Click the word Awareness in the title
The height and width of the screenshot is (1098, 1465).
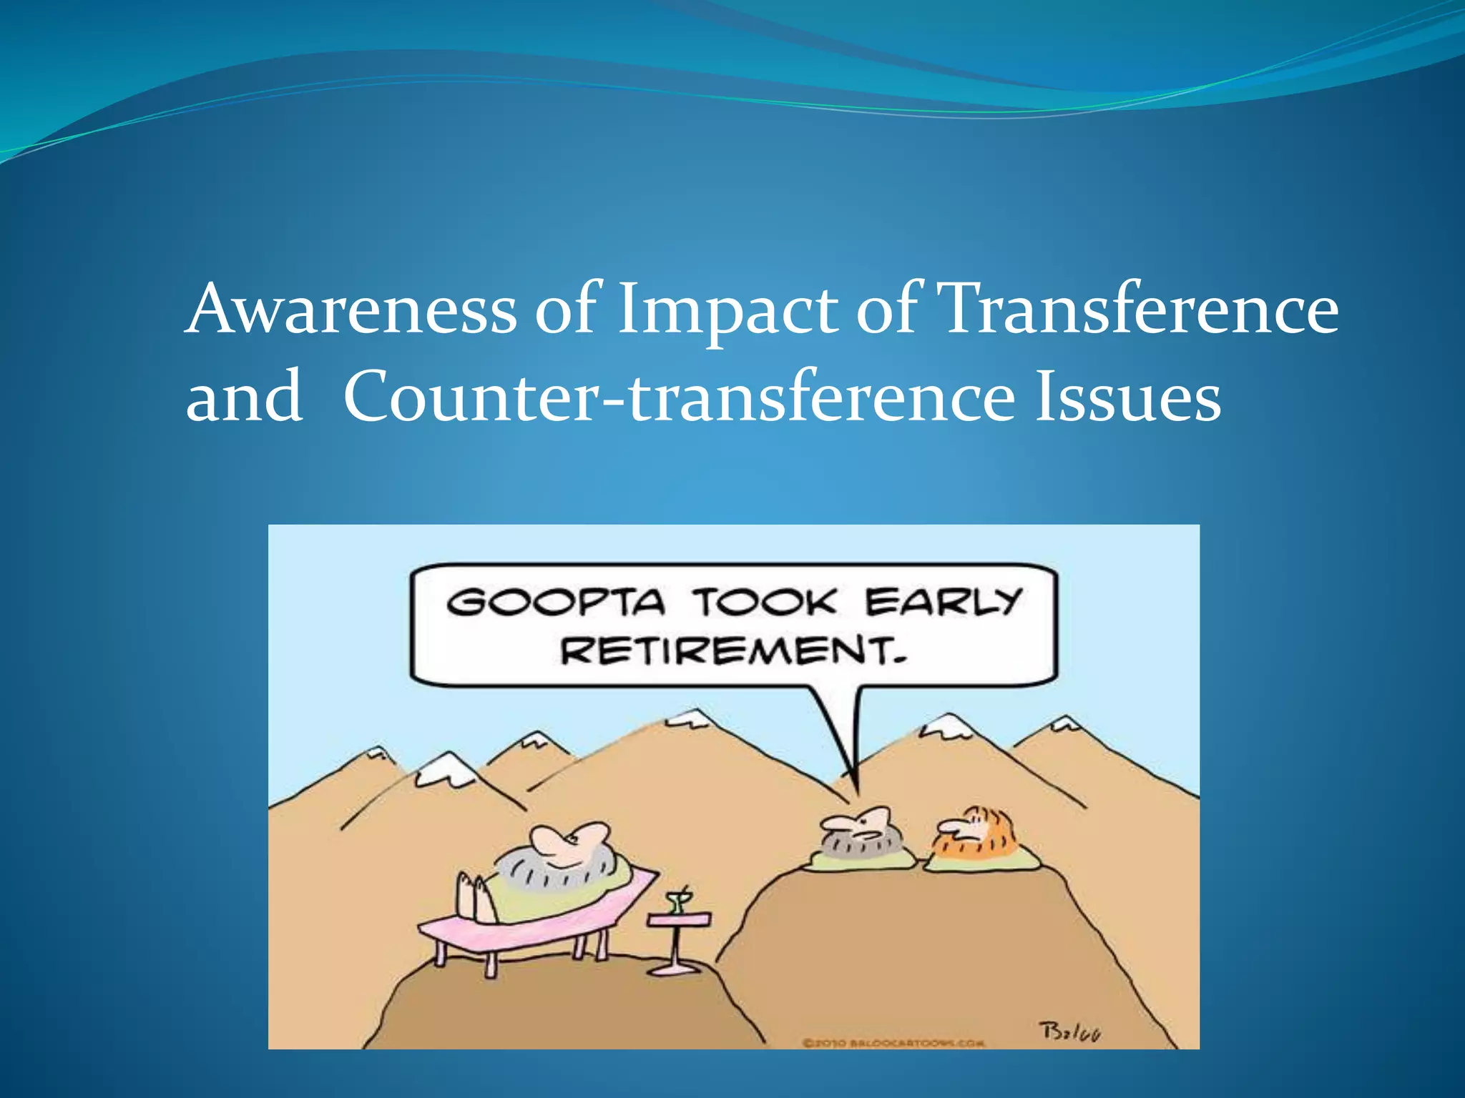point(351,310)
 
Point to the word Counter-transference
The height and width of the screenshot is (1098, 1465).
point(678,397)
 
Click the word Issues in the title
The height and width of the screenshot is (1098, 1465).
point(1127,397)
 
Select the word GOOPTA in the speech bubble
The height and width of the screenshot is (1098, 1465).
point(555,602)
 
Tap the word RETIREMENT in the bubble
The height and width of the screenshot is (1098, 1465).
point(731,651)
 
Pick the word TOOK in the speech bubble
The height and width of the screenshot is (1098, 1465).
point(763,602)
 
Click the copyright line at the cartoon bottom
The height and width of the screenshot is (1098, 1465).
point(893,1043)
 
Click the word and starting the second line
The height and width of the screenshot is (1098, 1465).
point(243,397)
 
